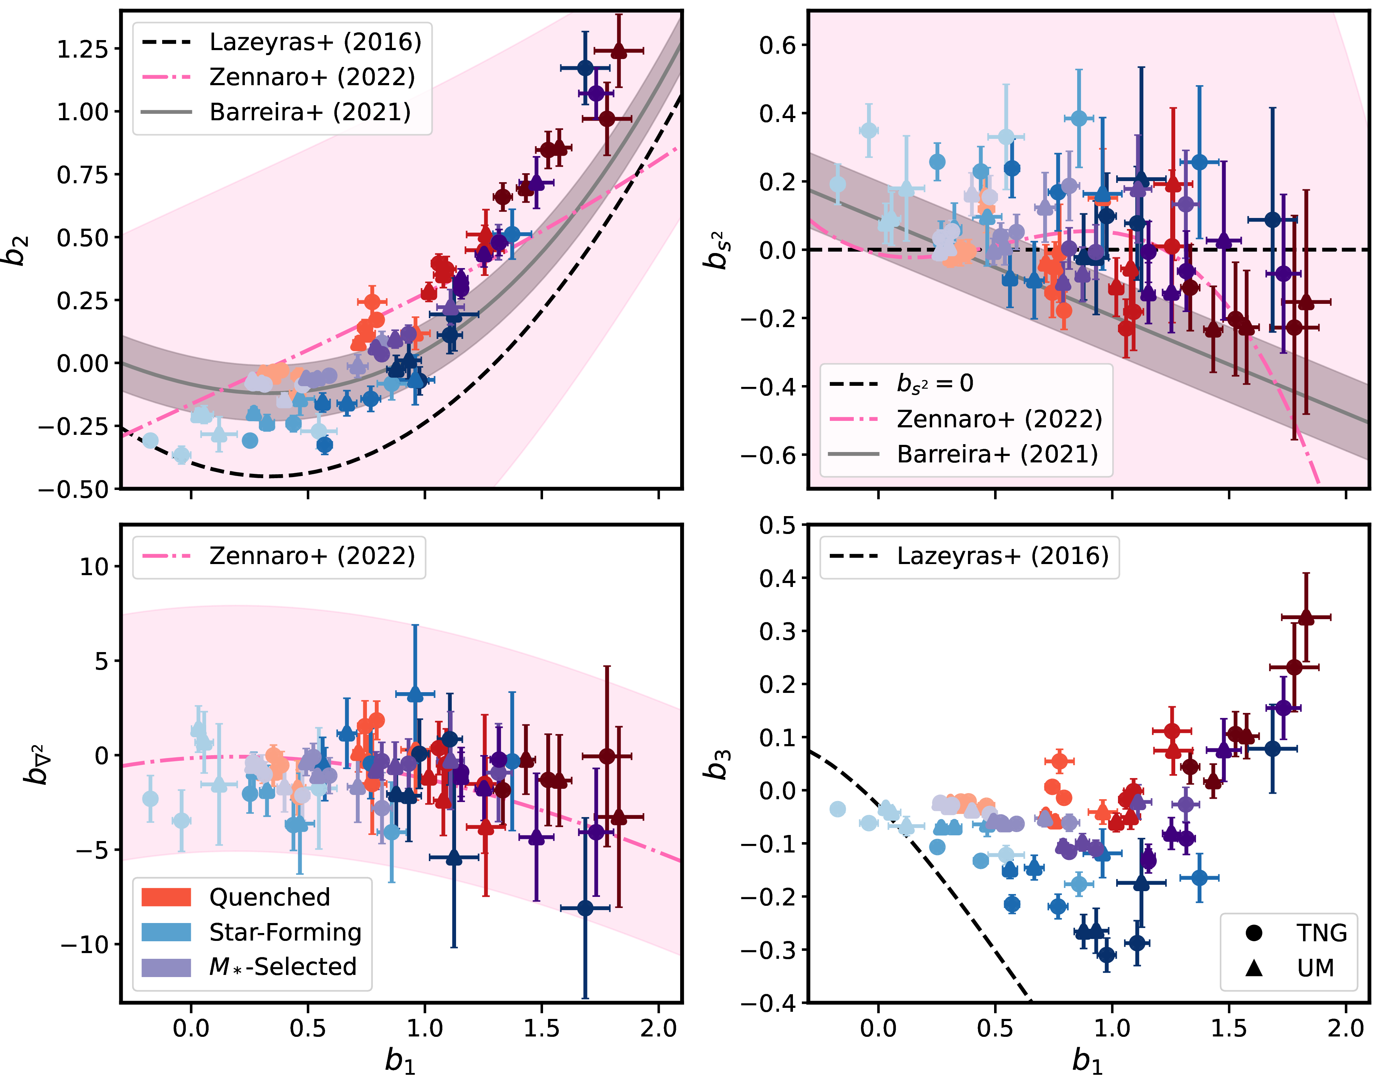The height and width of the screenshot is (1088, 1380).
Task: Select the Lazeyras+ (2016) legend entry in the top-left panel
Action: tap(315, 42)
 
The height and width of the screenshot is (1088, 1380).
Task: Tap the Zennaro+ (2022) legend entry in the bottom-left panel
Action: tap(311, 556)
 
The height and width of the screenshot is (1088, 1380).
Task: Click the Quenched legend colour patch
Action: tap(166, 897)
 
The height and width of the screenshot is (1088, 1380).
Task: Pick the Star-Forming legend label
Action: tap(285, 932)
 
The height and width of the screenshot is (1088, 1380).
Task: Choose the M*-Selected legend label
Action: tap(283, 967)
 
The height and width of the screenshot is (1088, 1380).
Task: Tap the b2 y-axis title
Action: tap(19, 250)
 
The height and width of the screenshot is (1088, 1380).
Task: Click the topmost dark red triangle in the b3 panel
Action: tap(1306, 617)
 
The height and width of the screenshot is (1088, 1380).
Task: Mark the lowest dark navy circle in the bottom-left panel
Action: tap(585, 908)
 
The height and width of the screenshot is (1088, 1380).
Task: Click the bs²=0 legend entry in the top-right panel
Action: tap(934, 383)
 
